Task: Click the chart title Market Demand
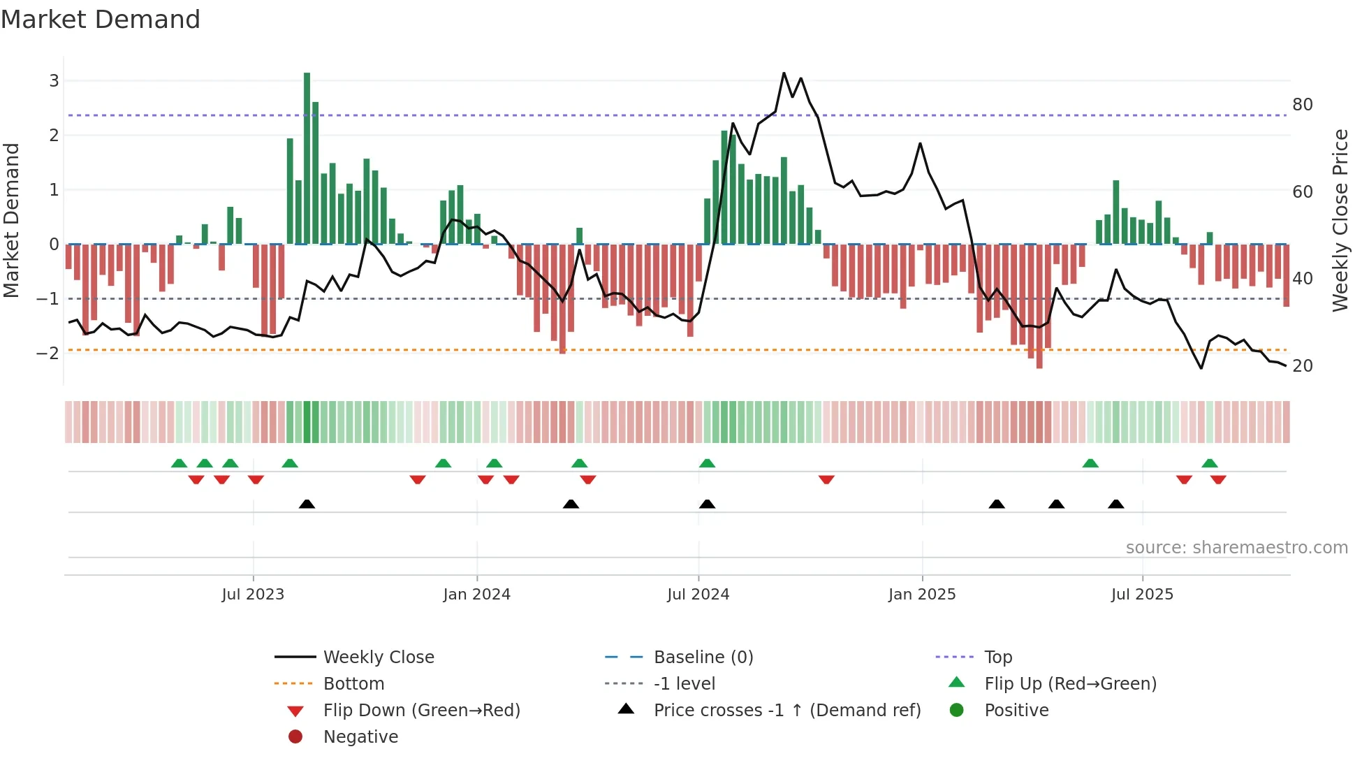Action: pos(101,20)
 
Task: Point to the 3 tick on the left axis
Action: pos(54,81)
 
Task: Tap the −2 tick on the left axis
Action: pos(48,353)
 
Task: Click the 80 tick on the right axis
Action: pos(1302,105)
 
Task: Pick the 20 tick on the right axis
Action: pos(1302,366)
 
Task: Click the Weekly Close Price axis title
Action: pos(1340,220)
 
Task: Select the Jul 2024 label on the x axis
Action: pos(698,595)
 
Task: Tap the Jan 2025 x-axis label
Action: pos(921,595)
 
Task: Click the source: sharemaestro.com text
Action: pos(1236,548)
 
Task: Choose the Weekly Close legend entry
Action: pos(378,658)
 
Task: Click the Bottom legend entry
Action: pos(353,684)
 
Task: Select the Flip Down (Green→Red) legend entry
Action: pos(421,711)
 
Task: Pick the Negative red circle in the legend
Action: pos(295,737)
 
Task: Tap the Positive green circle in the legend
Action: pos(957,711)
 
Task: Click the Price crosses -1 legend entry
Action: pos(786,711)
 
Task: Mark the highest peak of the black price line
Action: pos(784,73)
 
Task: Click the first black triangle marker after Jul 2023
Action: pos(307,504)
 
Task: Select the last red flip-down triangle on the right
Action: pos(1218,479)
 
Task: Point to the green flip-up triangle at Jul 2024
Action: pos(707,463)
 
